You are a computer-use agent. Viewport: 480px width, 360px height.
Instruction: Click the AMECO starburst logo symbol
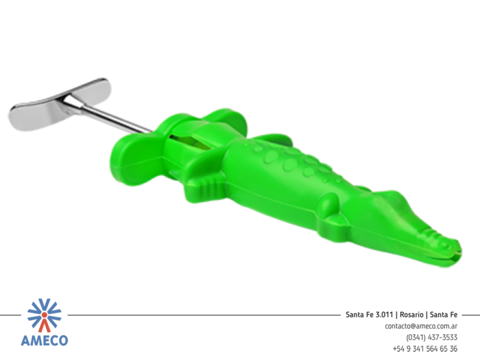tap(45, 315)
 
